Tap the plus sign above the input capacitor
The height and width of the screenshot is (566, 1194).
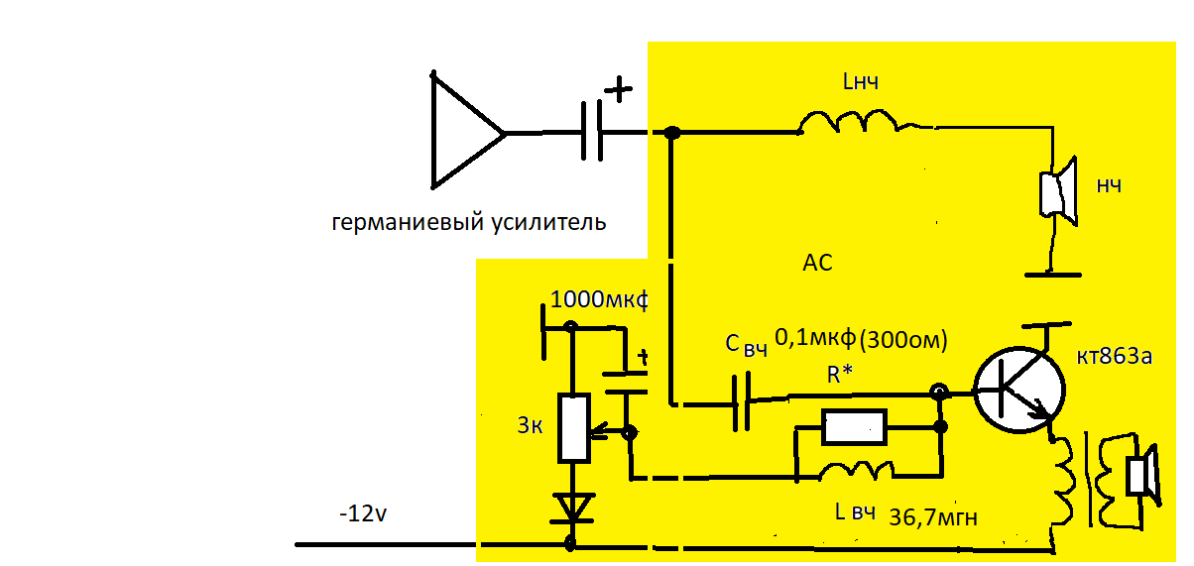pyautogui.click(x=618, y=90)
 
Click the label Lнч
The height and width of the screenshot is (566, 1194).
pyautogui.click(x=860, y=84)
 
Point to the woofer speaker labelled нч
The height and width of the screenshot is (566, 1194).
pyautogui.click(x=1057, y=192)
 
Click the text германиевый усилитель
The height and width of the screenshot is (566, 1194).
pyautogui.click(x=468, y=222)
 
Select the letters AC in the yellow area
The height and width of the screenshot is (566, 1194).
pyautogui.click(x=817, y=264)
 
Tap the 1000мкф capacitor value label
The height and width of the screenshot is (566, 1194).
pyautogui.click(x=597, y=298)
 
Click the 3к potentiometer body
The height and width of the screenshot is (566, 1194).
pyautogui.click(x=574, y=427)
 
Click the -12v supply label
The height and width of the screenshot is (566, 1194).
pyautogui.click(x=365, y=515)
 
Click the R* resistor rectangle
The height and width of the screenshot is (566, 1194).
pyautogui.click(x=854, y=427)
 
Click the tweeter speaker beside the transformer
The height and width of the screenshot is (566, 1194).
pyautogui.click(x=1142, y=471)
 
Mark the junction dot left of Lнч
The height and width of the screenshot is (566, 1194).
pyautogui.click(x=671, y=133)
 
